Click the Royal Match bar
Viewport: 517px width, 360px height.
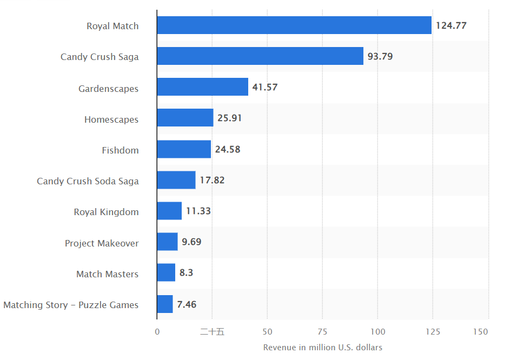click(294, 25)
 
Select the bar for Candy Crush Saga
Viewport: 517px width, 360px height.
click(260, 56)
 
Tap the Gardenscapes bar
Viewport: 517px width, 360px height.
click(203, 87)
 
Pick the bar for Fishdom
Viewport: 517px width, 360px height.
click(184, 149)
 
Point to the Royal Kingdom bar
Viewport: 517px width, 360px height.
click(169, 211)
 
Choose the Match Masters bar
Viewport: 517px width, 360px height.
click(166, 273)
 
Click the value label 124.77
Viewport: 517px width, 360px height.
click(451, 25)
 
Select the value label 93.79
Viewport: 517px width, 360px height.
click(380, 56)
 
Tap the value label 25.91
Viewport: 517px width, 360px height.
click(229, 118)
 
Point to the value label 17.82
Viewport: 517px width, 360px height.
click(212, 180)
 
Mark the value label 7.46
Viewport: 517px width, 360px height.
click(187, 304)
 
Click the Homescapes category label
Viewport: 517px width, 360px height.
click(111, 119)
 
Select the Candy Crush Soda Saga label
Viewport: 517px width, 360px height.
click(88, 181)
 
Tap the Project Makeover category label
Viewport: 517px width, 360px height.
click(102, 243)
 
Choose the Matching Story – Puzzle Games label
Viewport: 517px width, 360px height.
click(71, 305)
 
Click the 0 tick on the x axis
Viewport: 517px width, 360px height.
click(157, 331)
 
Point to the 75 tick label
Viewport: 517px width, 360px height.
click(322, 331)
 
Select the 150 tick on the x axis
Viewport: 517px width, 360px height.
click(481, 331)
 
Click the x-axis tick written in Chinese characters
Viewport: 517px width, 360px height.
click(212, 331)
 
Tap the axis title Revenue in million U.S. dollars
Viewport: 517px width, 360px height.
click(322, 348)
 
